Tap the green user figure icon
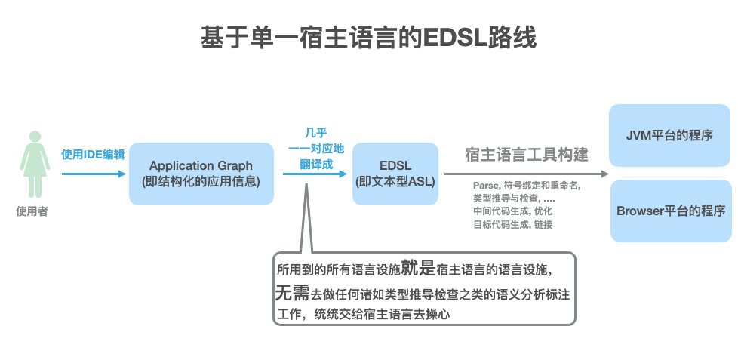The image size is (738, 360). pos(32,165)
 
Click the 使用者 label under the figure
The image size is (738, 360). pos(32,211)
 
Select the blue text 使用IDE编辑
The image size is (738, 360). pos(93,155)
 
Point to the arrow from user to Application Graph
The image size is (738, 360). pos(94,174)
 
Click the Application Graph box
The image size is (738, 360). pos(201,174)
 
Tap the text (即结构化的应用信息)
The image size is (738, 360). pos(201,181)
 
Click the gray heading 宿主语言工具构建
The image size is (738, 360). pos(527,155)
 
